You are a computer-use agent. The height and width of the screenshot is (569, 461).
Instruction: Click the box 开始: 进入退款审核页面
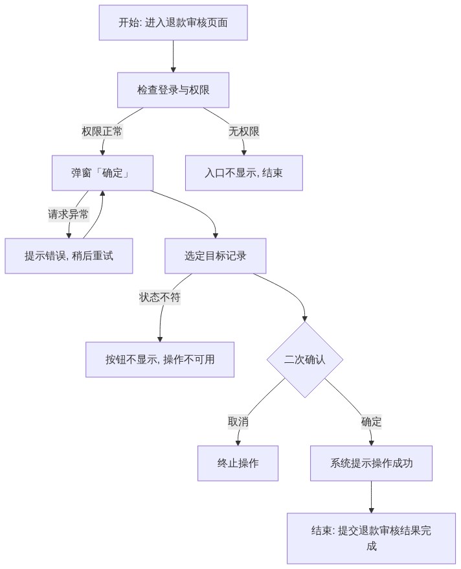[x=174, y=23]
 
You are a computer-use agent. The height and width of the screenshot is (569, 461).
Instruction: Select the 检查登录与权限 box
[x=174, y=90]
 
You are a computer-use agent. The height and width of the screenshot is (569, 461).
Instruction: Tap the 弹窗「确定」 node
[x=102, y=173]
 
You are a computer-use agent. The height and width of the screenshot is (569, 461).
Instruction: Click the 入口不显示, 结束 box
[x=244, y=173]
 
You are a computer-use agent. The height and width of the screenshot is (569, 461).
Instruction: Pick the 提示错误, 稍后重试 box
[x=69, y=256]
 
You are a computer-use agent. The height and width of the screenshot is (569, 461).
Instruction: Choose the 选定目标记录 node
[x=216, y=256]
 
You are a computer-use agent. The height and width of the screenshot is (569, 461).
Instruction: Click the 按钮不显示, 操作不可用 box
[x=160, y=360]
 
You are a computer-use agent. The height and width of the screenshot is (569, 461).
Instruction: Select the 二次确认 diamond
[x=305, y=360]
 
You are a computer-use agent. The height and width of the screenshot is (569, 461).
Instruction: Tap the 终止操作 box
[x=238, y=463]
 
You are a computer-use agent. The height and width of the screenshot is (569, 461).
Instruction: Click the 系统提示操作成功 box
[x=372, y=463]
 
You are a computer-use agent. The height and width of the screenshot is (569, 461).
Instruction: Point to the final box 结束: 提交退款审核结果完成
[x=372, y=539]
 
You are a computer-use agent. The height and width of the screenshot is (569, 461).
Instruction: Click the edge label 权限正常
[x=102, y=132]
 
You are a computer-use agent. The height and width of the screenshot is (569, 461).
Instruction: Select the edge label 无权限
[x=244, y=132]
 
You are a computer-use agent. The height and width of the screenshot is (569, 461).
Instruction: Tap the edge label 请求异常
[x=69, y=214]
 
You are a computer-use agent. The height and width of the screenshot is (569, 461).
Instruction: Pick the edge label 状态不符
[x=160, y=297]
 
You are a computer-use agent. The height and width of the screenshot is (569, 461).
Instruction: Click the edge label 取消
[x=238, y=422]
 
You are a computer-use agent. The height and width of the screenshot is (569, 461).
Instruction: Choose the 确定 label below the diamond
[x=372, y=422]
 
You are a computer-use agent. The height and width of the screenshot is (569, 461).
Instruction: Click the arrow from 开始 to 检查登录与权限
[x=174, y=56]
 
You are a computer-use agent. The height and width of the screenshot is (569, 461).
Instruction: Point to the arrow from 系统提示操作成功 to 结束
[x=372, y=497]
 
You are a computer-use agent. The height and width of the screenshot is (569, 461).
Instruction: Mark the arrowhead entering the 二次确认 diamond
[x=305, y=319]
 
